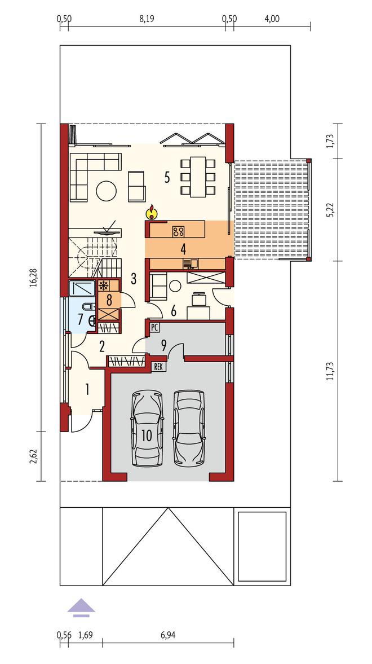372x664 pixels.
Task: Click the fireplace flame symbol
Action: click(150, 212)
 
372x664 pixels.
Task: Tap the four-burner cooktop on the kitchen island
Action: click(179, 231)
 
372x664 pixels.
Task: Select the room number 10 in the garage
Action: click(147, 437)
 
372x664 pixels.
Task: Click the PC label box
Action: click(154, 327)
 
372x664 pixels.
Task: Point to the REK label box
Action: click(159, 367)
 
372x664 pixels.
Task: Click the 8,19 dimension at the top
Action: click(146, 19)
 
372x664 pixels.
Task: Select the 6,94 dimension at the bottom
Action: click(168, 635)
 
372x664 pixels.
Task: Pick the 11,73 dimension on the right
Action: click(329, 371)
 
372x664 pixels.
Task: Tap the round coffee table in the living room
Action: click(106, 191)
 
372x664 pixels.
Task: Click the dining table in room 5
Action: click(198, 177)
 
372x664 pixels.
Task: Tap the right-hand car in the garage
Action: click(189, 428)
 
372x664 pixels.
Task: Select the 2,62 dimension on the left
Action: click(33, 456)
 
